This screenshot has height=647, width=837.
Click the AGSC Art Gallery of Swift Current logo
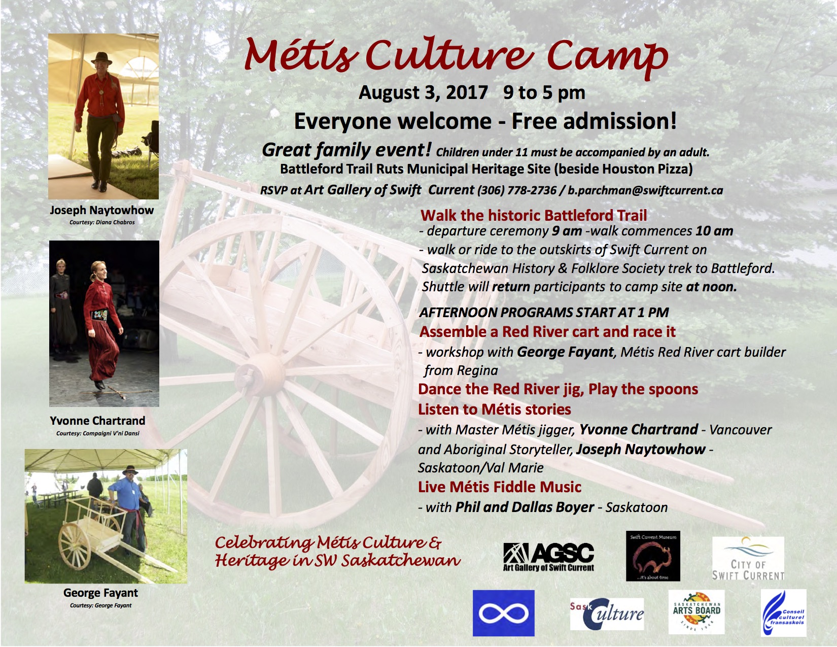click(548, 557)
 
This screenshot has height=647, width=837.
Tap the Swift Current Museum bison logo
click(653, 556)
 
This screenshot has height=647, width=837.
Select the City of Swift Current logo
click(748, 558)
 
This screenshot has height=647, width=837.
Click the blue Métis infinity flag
click(503, 613)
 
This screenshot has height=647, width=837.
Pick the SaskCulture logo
click(607, 614)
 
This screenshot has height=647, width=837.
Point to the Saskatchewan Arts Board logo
click(696, 612)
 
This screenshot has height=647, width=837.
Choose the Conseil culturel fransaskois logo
click(783, 612)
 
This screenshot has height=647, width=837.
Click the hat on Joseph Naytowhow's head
click(101, 58)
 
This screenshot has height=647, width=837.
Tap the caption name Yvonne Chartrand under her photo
click(97, 420)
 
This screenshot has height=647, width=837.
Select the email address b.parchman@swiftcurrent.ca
click(645, 190)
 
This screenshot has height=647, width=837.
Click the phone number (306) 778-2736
click(516, 190)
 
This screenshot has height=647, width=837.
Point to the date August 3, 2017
click(423, 93)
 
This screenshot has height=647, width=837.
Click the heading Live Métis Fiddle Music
click(500, 487)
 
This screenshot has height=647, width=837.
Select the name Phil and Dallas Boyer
click(524, 507)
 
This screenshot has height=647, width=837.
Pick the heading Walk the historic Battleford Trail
click(534, 215)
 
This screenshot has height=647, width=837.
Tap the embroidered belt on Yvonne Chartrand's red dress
click(99, 315)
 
